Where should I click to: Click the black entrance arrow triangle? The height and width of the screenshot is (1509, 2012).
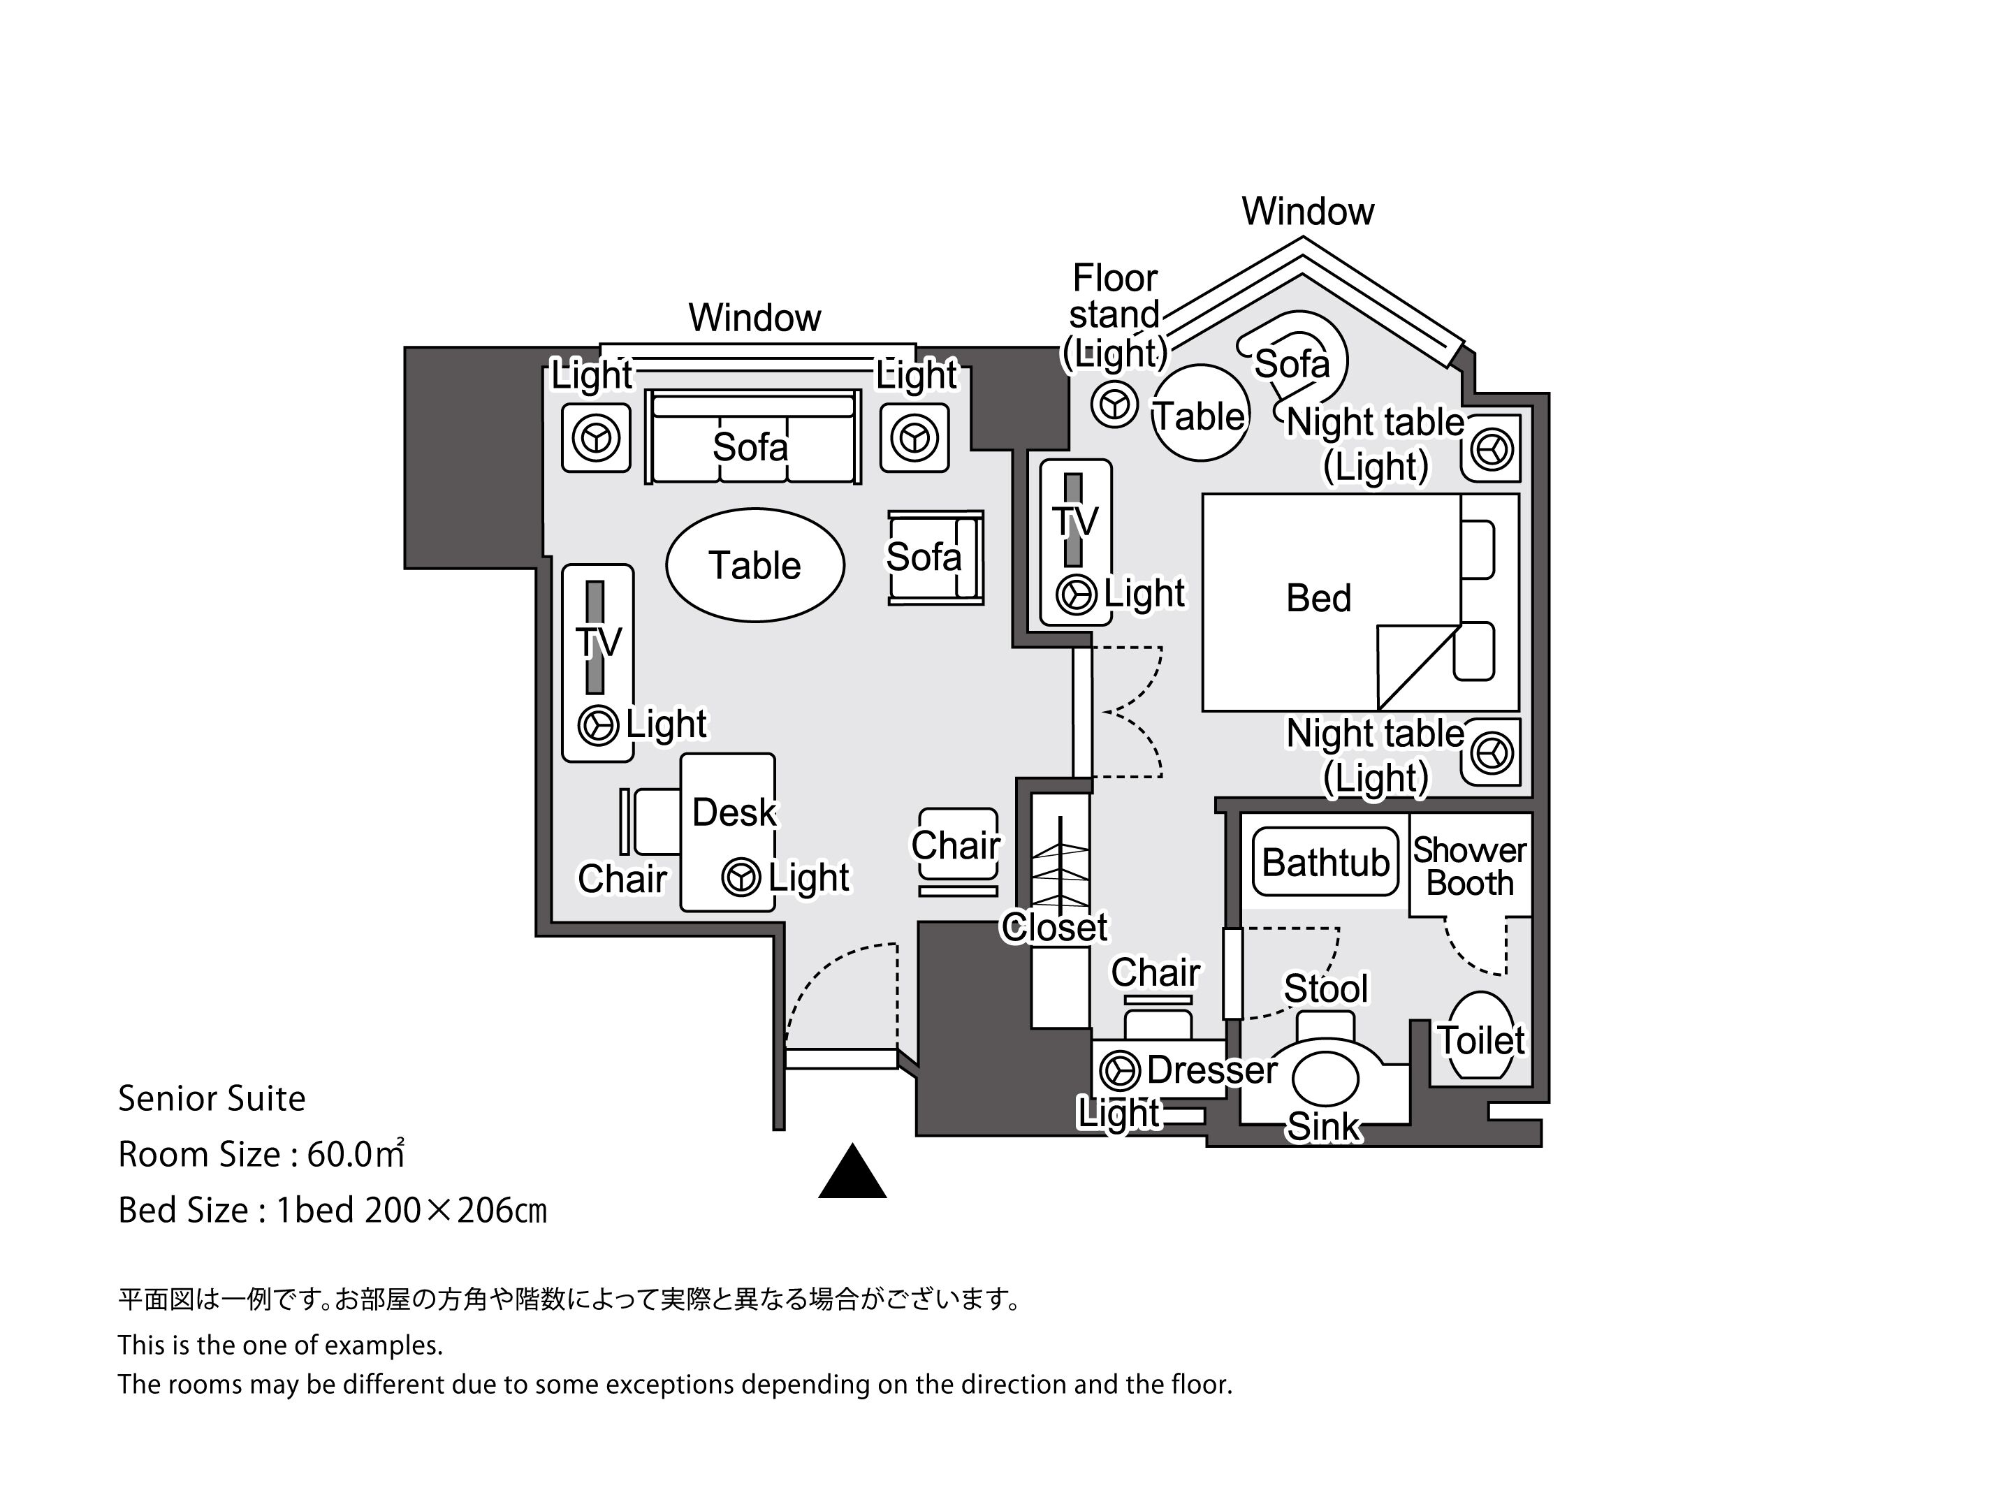852,1174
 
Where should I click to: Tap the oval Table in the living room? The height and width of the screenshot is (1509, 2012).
755,566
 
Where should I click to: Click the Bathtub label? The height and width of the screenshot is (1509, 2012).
1325,862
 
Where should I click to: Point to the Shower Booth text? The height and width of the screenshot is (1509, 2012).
1469,866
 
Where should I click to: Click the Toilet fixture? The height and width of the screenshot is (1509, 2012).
1481,1036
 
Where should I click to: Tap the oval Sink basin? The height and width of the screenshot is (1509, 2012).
1325,1079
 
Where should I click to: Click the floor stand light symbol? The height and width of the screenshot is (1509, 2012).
1114,404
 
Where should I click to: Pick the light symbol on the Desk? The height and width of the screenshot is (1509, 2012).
741,877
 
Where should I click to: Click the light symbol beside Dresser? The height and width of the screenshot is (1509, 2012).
1120,1070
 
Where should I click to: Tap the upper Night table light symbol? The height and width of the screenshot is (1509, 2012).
1492,449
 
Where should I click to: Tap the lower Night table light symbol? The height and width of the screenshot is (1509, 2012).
1492,753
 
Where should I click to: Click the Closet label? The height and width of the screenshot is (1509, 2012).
1054,928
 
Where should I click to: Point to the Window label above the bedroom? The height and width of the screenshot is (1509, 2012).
1307,212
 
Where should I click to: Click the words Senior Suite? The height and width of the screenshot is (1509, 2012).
212,1099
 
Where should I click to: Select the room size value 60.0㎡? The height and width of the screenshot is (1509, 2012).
355,1154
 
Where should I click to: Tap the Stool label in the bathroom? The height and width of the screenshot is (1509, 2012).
1325,989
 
